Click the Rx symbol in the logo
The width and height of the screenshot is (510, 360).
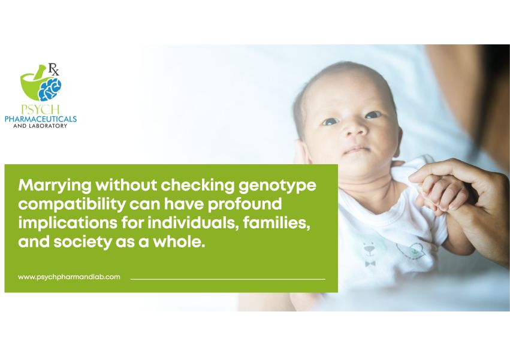coord(53,69)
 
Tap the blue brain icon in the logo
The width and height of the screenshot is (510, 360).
coord(49,89)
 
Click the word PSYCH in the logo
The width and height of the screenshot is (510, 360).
coord(40,109)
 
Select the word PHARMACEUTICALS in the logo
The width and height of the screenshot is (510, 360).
coord(41,119)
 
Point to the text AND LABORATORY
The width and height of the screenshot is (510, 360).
coord(40,126)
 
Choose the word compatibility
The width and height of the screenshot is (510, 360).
coord(72,205)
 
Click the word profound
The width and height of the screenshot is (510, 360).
coord(245,204)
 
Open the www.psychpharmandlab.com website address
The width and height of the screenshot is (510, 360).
coord(69,277)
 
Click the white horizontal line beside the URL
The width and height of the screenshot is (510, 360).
coord(228,279)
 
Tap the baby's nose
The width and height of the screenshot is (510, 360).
coord(354,128)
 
